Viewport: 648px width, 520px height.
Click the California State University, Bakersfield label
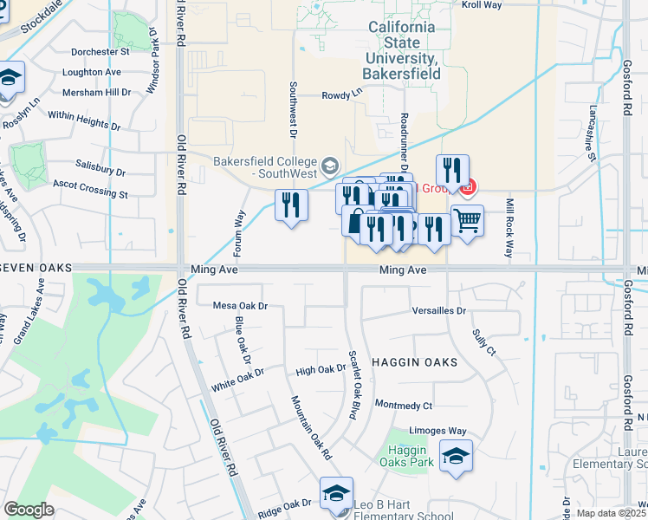coord(403,51)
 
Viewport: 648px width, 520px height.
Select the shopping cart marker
coord(467,222)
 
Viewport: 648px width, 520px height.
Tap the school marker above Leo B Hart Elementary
coord(336,494)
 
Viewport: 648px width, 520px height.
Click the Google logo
coord(29,510)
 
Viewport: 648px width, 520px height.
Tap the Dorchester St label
coord(100,52)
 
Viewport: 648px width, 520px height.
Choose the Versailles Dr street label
coord(439,310)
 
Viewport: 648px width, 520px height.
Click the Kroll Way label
coord(482,5)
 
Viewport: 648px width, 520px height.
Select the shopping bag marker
coord(355,221)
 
